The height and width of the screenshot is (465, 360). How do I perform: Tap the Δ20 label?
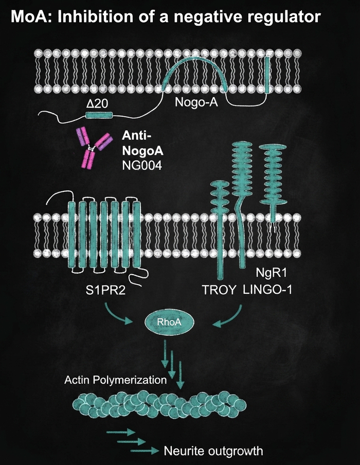tap(97, 104)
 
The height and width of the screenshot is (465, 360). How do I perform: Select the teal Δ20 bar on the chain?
tap(99, 115)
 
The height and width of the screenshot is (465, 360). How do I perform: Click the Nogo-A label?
tap(196, 102)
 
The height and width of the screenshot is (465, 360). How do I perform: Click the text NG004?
tap(142, 166)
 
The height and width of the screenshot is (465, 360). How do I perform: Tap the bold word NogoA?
tap(142, 151)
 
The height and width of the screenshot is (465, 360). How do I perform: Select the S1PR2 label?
tap(106, 290)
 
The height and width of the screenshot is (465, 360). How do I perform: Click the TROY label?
tap(220, 290)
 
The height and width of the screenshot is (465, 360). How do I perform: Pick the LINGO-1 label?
tap(267, 289)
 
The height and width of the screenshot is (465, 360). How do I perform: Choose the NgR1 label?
tap(272, 273)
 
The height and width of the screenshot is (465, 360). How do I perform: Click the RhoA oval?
tap(169, 323)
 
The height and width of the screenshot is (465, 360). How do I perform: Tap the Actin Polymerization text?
tap(116, 380)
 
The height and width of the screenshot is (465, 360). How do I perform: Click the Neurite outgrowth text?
tap(213, 451)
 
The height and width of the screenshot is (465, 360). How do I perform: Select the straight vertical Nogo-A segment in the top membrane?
tap(267, 75)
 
